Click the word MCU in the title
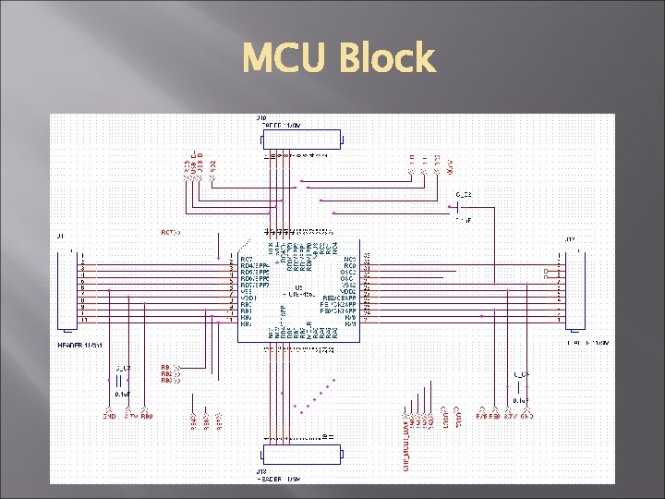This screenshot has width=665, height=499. click(287, 59)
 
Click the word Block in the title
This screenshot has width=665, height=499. click(387, 59)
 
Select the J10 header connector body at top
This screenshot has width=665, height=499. click(302, 140)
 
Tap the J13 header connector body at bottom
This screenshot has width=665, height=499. click(302, 455)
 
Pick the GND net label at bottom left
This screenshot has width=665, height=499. click(108, 417)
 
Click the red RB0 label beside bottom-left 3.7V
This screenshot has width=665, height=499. click(147, 417)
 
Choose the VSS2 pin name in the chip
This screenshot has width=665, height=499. click(348, 285)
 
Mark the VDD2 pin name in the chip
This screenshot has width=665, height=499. click(348, 291)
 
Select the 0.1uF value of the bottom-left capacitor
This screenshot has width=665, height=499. click(122, 393)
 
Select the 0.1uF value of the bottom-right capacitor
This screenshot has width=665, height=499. click(520, 402)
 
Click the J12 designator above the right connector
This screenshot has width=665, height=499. click(570, 240)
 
